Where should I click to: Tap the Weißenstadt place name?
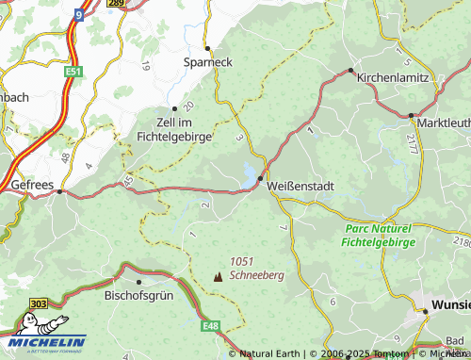(x=301, y=187)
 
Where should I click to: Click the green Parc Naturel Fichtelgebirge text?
(x=378, y=235)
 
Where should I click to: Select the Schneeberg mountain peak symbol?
(x=219, y=277)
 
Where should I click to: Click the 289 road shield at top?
(x=116, y=4)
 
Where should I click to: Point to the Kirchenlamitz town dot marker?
(x=350, y=70)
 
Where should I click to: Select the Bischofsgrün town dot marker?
(x=138, y=281)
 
